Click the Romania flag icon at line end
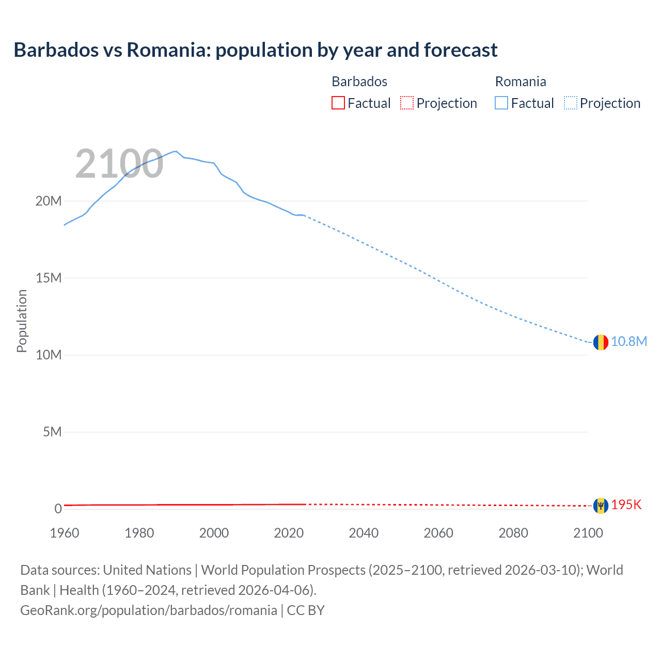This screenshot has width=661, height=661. pyautogui.click(x=601, y=342)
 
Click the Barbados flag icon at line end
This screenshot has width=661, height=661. pyautogui.click(x=601, y=506)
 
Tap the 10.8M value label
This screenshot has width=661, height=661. pyautogui.click(x=629, y=342)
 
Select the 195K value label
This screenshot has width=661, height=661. pyautogui.click(x=626, y=505)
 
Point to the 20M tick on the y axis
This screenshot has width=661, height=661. pyautogui.click(x=49, y=201)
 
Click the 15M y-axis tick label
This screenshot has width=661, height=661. pyautogui.click(x=49, y=278)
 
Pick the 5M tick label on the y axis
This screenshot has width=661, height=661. pyautogui.click(x=52, y=432)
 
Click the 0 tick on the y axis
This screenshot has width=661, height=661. pyautogui.click(x=58, y=509)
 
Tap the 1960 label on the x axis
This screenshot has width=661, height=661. pyautogui.click(x=65, y=533)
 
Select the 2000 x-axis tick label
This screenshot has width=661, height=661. pyautogui.click(x=214, y=533)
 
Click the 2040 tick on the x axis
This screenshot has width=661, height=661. pyautogui.click(x=364, y=533)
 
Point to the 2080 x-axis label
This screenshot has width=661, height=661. pyautogui.click(x=513, y=533)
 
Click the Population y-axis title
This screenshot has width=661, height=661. pyautogui.click(x=22, y=321)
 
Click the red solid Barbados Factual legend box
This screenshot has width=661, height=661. pyautogui.click(x=338, y=103)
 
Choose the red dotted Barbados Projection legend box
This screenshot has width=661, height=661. pyautogui.click(x=407, y=103)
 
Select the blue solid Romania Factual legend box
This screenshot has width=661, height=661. pyautogui.click(x=501, y=103)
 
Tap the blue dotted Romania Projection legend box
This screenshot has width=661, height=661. pyautogui.click(x=571, y=103)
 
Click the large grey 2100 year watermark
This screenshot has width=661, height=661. pyautogui.click(x=119, y=164)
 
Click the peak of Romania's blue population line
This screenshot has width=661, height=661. pyautogui.click(x=176, y=151)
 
